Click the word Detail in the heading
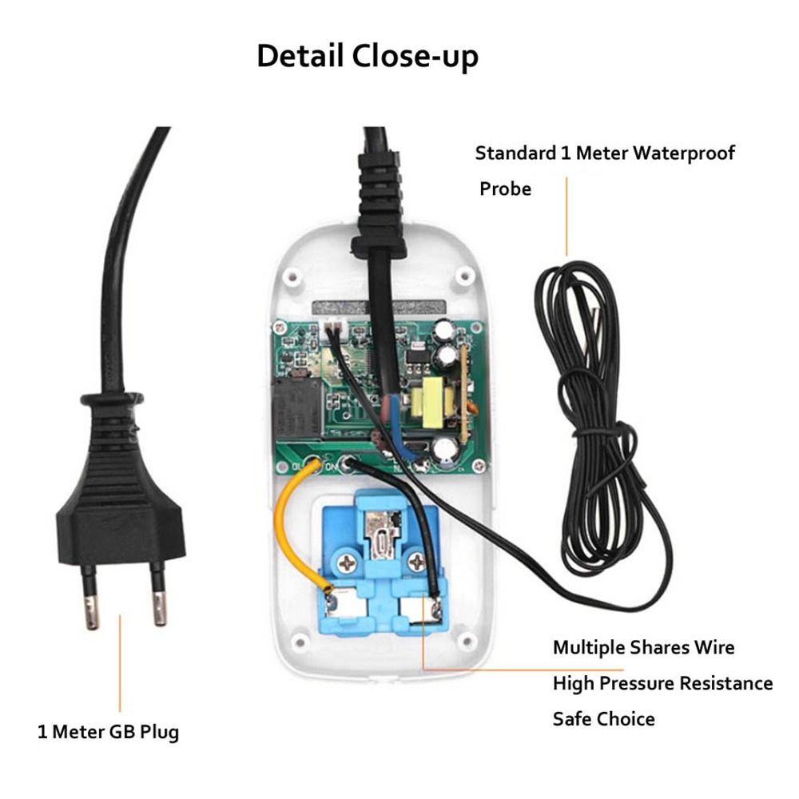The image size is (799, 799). pyautogui.click(x=299, y=57)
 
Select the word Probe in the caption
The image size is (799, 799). pyautogui.click(x=505, y=189)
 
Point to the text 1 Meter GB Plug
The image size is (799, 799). pyautogui.click(x=109, y=731)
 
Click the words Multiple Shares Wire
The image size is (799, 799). pyautogui.click(x=643, y=646)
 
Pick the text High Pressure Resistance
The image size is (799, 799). pyautogui.click(x=662, y=683)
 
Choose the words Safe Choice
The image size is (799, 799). pyautogui.click(x=603, y=719)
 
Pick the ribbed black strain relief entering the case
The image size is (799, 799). pyautogui.click(x=382, y=200)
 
